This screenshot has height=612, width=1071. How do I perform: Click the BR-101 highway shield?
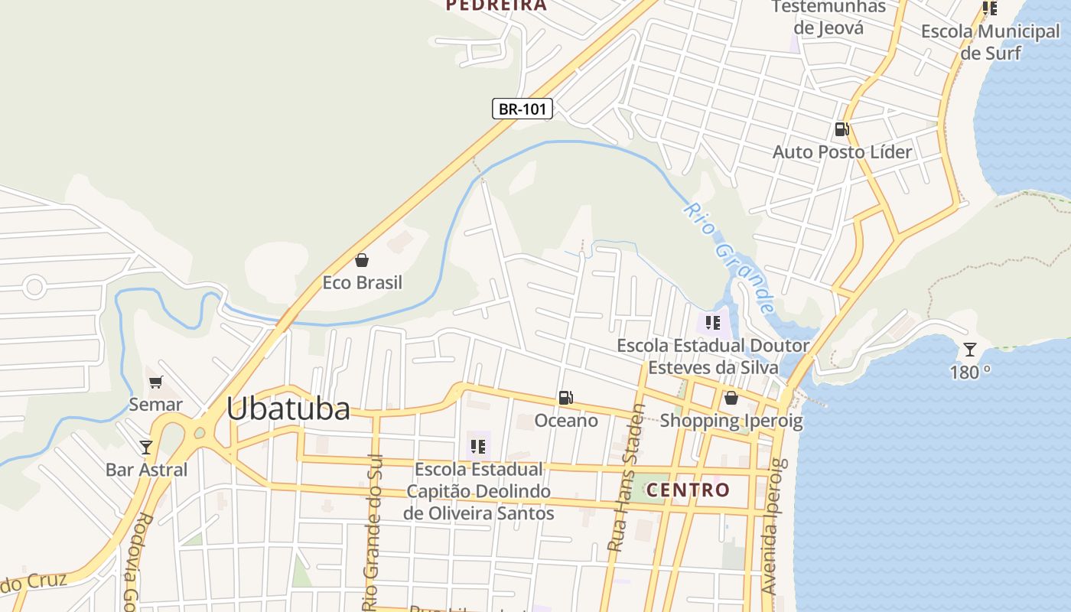pyautogui.click(x=522, y=109)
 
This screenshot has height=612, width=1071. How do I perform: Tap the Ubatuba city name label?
pyautogui.click(x=288, y=409)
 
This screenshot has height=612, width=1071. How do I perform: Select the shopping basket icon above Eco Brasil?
pyautogui.click(x=362, y=260)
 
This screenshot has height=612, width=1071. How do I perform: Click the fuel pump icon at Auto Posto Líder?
pyautogui.click(x=841, y=129)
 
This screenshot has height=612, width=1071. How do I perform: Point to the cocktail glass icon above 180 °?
pyautogui.click(x=969, y=350)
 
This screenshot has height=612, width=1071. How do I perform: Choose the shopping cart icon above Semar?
pyautogui.click(x=156, y=382)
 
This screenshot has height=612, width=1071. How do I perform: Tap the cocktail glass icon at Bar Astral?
pyautogui.click(x=146, y=447)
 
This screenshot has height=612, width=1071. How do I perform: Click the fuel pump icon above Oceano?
pyautogui.click(x=565, y=398)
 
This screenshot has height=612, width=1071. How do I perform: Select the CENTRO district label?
pyautogui.click(x=688, y=490)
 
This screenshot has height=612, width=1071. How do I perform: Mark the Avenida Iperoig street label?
pyautogui.click(x=773, y=526)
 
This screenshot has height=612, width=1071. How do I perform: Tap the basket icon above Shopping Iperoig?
pyautogui.click(x=731, y=398)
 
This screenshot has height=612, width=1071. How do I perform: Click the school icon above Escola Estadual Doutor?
pyautogui.click(x=713, y=322)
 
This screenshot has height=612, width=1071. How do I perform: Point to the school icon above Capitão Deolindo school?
pyautogui.click(x=478, y=446)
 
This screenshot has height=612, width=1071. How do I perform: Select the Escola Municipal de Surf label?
pyautogui.click(x=991, y=42)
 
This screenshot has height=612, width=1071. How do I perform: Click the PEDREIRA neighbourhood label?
pyautogui.click(x=496, y=5)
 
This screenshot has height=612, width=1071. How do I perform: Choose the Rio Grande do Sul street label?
pyautogui.click(x=373, y=528)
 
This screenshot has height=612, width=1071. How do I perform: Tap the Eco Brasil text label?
pyautogui.click(x=362, y=282)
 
